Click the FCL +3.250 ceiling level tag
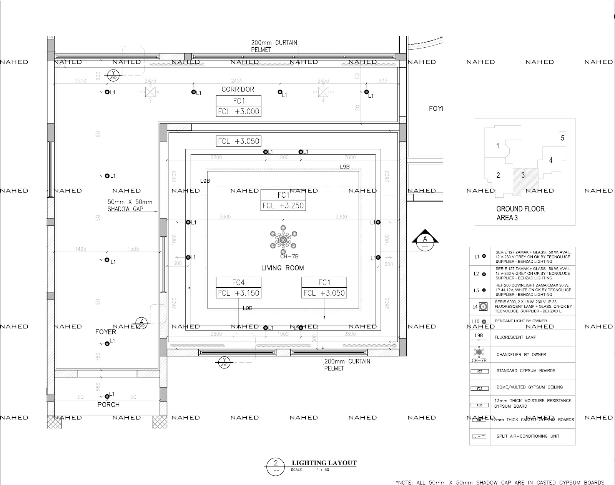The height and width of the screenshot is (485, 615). (x=283, y=206)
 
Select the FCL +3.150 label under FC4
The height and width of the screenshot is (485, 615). (x=238, y=293)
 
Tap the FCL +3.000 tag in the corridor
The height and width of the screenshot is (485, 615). (x=238, y=112)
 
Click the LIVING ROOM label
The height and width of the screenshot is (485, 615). (x=283, y=268)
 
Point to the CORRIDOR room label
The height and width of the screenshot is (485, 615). (x=238, y=89)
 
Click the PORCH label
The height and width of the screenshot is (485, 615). (x=108, y=405)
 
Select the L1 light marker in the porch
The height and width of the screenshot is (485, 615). (x=107, y=396)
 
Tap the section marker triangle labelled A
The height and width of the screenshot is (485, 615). (x=425, y=238)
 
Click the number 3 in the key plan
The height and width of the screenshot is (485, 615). (x=523, y=175)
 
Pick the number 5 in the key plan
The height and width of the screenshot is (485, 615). (x=562, y=138)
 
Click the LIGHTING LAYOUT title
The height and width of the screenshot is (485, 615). (x=324, y=463)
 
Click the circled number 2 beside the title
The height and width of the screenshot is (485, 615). (x=275, y=463)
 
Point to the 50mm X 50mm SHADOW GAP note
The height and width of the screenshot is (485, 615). (x=130, y=205)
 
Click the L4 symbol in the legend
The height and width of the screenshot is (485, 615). (x=483, y=307)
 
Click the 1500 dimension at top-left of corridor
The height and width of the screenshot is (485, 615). (x=80, y=81)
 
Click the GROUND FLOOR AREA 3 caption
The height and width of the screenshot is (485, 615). (x=520, y=213)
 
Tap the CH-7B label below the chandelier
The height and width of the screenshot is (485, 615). (x=289, y=256)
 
